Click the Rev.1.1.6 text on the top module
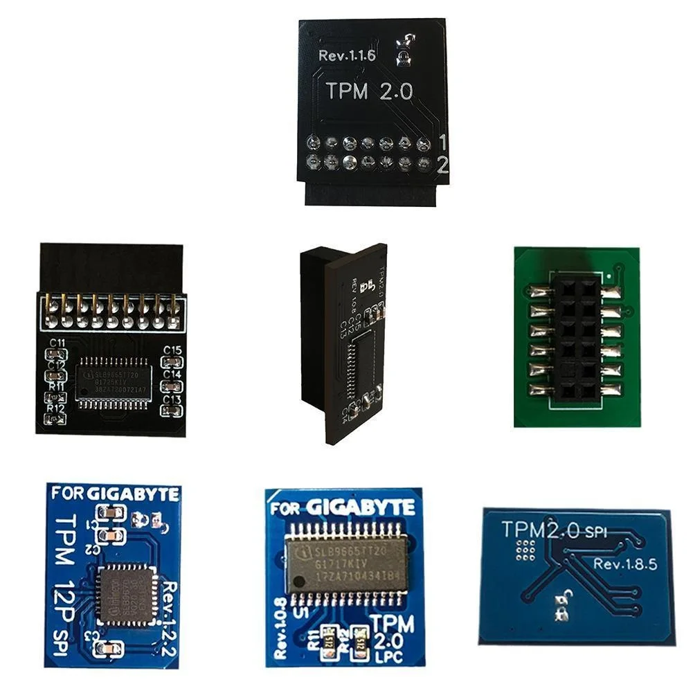tap(347, 55)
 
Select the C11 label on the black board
tap(57, 343)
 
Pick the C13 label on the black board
tap(172, 399)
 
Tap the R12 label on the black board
tap(56, 408)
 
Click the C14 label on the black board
tap(172, 375)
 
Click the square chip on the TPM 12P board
tap(125, 594)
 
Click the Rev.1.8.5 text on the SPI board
tap(624, 564)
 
